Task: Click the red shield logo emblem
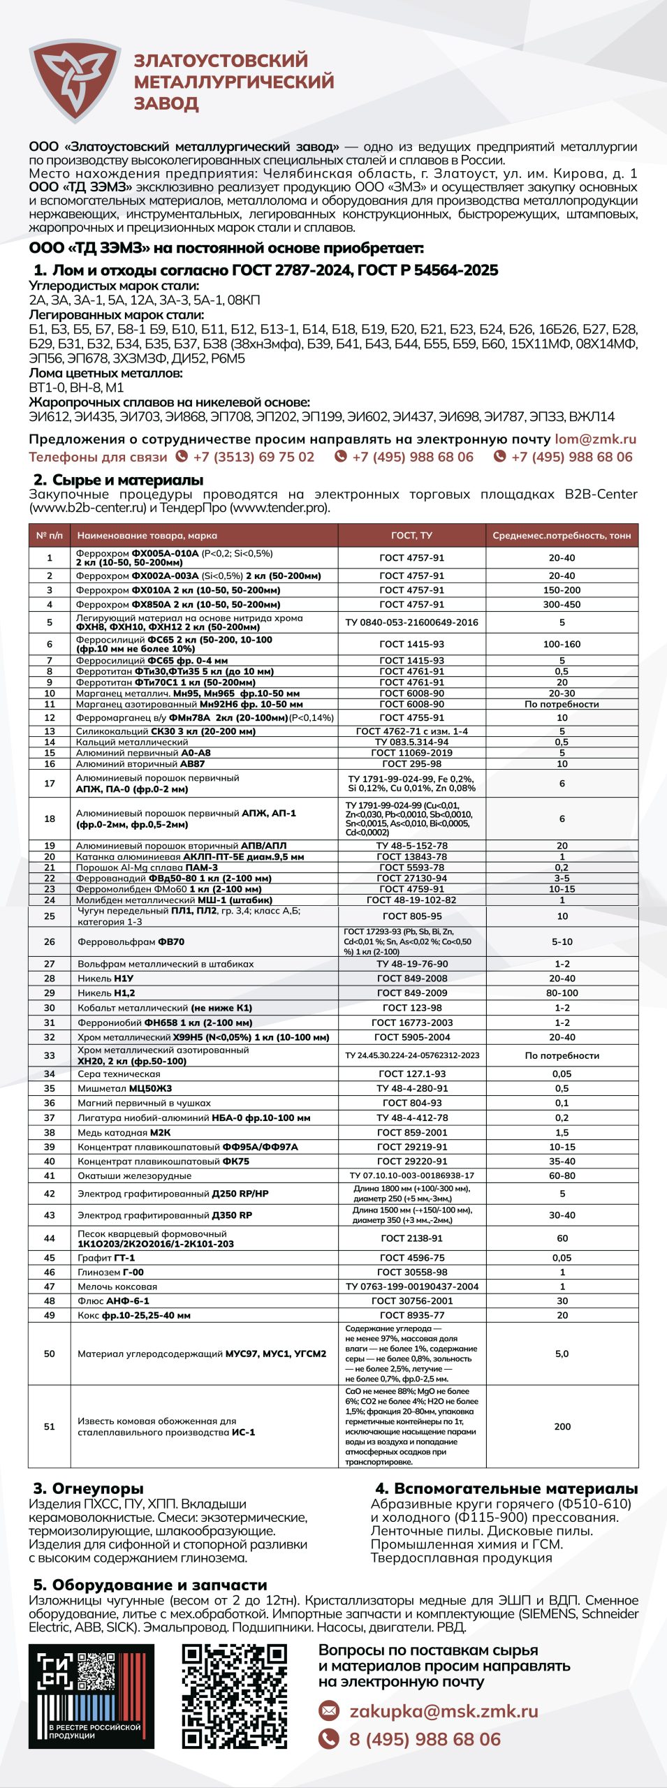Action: (74, 81)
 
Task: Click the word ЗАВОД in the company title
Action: (166, 103)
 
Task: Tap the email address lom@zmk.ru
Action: (595, 439)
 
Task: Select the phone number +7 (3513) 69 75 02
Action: (254, 457)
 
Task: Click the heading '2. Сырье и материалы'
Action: (118, 480)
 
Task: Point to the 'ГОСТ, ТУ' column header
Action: (411, 536)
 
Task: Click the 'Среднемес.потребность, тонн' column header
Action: (562, 536)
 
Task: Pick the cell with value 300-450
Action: (562, 604)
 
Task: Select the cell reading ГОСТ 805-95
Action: (411, 916)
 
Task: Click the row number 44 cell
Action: (50, 1238)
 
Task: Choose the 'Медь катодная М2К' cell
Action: (124, 1132)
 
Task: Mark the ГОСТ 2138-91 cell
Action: (411, 1238)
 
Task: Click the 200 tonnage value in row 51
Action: (562, 1426)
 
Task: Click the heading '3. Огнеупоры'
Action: (88, 1488)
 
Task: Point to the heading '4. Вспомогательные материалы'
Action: (506, 1488)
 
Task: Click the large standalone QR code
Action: (234, 1696)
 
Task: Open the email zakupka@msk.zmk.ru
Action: (444, 1710)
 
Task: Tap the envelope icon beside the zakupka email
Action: (328, 1710)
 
